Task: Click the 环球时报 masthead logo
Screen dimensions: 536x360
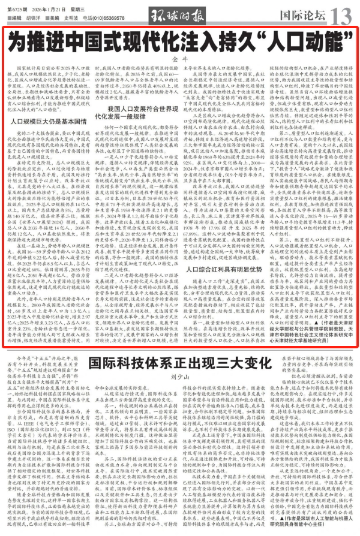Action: click(181, 13)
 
